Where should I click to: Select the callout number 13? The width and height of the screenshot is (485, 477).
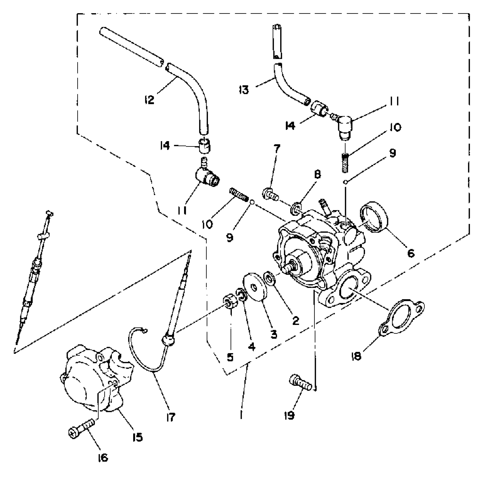(x=244, y=90)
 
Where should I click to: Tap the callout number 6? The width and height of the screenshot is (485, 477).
(x=411, y=253)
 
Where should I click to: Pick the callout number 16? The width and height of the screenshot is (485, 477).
(x=103, y=458)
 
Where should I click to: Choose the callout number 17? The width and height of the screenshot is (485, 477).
(x=171, y=417)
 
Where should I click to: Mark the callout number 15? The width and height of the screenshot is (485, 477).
(x=137, y=437)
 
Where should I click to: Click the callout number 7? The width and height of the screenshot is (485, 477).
(x=277, y=149)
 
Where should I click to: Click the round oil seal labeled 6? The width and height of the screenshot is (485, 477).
(x=374, y=216)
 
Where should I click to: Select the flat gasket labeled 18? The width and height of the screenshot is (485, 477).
(x=402, y=319)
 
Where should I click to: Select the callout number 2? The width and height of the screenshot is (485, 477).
(x=296, y=320)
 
